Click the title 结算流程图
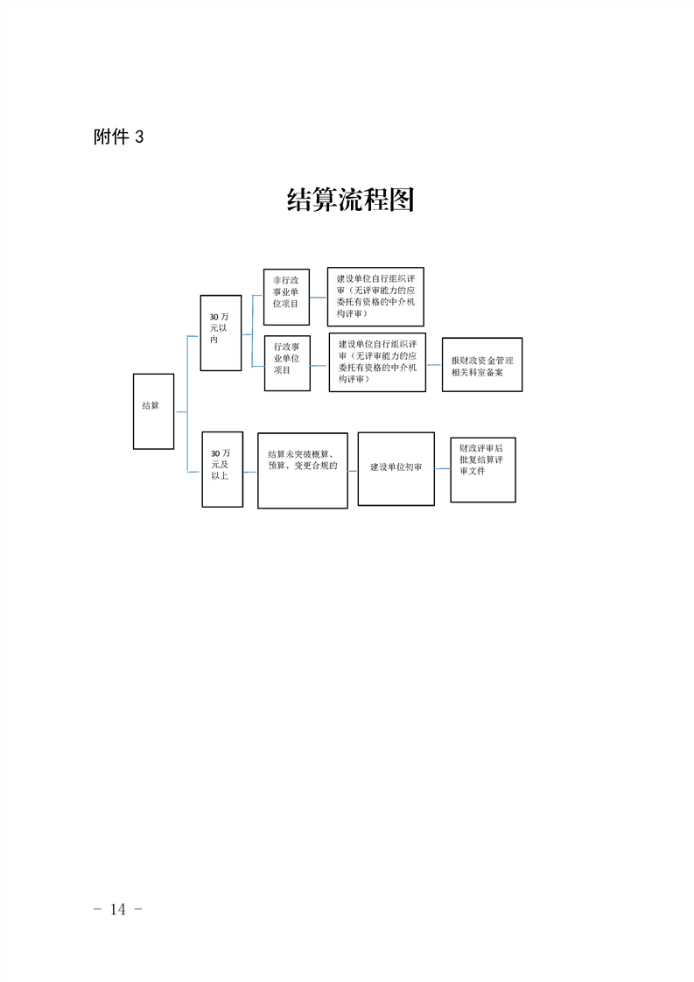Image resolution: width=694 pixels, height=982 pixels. tap(350, 200)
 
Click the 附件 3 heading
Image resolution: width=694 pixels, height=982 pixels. tap(118, 137)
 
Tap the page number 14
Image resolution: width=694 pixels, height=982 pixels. tap(118, 908)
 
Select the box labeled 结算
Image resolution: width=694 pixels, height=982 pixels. tap(153, 411)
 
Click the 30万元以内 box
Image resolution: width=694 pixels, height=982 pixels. tap(221, 333)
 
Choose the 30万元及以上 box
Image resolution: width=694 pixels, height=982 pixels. tap(222, 469)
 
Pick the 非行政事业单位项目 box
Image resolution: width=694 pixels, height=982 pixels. tap(286, 297)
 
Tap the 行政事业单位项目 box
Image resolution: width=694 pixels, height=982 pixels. tap(287, 363)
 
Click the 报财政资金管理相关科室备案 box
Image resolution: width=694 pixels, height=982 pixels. tap(481, 364)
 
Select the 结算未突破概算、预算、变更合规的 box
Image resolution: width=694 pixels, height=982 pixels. tap(303, 470)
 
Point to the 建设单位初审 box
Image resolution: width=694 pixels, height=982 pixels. tap(396, 468)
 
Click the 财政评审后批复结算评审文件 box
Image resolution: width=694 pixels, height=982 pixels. tap(483, 470)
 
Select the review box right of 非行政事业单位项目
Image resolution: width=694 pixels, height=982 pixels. tap(375, 297)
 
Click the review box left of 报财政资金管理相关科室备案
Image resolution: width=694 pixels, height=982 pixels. tap(377, 362)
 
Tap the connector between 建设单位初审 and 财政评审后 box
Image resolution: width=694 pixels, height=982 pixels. tap(442, 468)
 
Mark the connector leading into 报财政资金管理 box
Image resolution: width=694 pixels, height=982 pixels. tap(434, 364)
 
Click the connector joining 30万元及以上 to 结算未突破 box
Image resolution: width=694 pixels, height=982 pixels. tap(250, 472)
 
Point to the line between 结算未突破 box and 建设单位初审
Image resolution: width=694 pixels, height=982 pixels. tap(353, 470)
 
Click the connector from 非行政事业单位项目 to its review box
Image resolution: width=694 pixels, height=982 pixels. tap(319, 298)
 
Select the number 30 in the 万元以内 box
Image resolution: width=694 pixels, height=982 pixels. tap(214, 317)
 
